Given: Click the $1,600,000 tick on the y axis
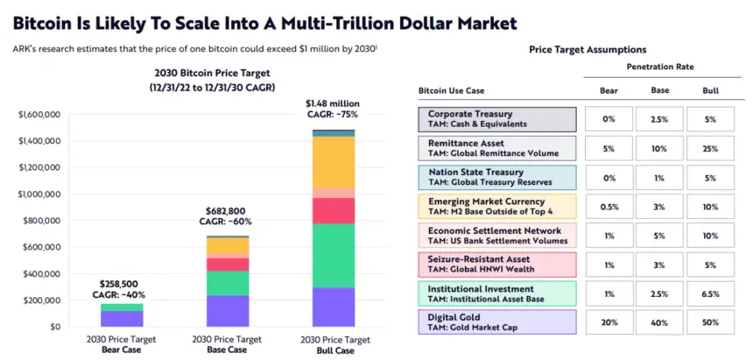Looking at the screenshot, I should pos(37,114).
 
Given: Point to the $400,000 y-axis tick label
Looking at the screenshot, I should pos(39,273).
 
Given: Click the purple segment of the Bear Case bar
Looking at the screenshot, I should pos(122,318).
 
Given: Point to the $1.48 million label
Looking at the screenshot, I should pos(332,103).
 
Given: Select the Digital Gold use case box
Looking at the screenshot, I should pos(497,321).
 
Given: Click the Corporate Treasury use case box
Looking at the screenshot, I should pos(497,119).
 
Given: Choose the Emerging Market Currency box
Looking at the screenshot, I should pos(497,206).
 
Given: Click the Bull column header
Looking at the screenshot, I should pos(710,90).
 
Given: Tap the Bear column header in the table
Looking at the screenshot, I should pos(609,90).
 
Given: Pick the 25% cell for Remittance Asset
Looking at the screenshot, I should pos(710,148).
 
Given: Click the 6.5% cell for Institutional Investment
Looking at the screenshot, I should pos(710,293).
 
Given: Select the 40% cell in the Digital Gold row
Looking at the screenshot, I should pos(659,321).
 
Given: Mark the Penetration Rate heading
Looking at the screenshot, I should pos(659,67).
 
